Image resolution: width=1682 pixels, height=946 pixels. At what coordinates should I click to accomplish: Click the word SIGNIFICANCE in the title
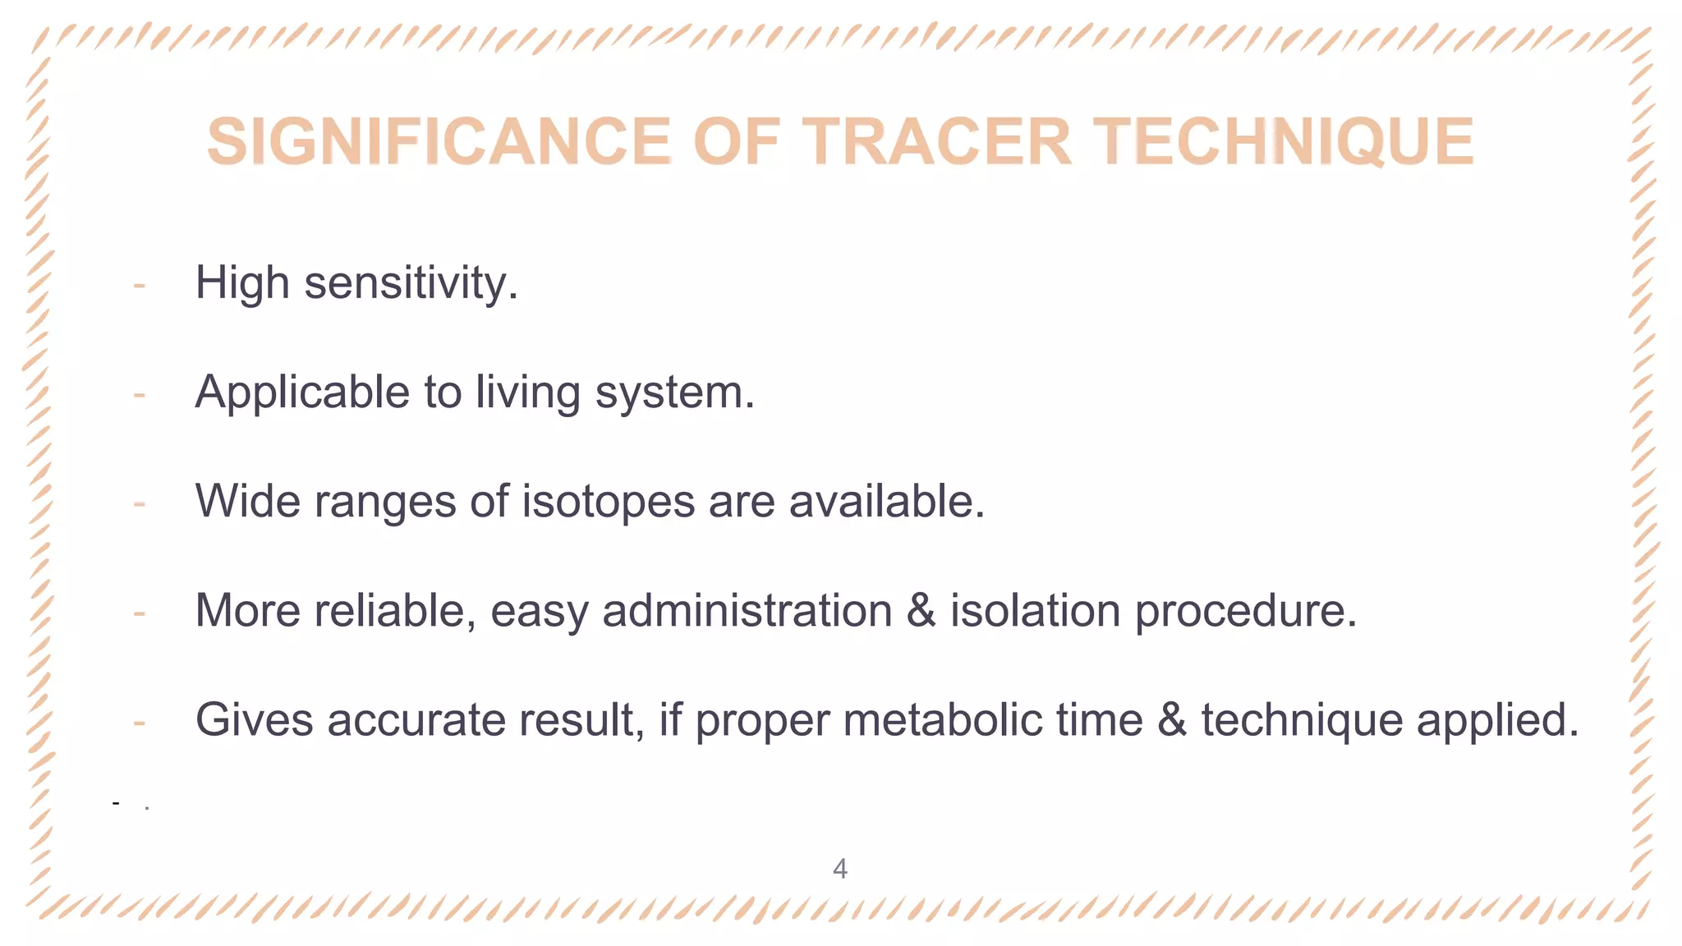439,141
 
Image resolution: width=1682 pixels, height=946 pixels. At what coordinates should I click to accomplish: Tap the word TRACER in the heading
936,141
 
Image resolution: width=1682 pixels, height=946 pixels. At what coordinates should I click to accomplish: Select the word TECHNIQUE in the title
1283,141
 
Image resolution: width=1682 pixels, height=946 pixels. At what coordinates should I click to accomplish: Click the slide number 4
839,869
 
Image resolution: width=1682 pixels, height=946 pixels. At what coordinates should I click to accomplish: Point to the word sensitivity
411,283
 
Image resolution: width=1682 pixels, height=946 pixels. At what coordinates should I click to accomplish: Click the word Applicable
301,392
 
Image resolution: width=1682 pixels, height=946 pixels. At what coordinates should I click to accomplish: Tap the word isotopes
609,501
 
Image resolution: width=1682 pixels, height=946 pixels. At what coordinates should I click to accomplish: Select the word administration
747,611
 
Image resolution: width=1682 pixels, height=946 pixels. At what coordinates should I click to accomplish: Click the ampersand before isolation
921,611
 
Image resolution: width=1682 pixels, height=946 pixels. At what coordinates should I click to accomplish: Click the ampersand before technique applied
1172,720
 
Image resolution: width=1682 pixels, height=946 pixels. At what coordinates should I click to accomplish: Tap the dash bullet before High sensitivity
140,285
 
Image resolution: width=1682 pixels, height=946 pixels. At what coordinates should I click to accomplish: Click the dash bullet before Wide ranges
140,503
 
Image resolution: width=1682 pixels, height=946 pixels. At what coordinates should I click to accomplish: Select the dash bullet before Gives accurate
140,722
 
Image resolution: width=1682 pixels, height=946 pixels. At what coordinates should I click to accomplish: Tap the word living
528,393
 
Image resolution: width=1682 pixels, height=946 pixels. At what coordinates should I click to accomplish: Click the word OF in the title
736,141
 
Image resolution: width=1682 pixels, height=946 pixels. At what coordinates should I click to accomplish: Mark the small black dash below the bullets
117,802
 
